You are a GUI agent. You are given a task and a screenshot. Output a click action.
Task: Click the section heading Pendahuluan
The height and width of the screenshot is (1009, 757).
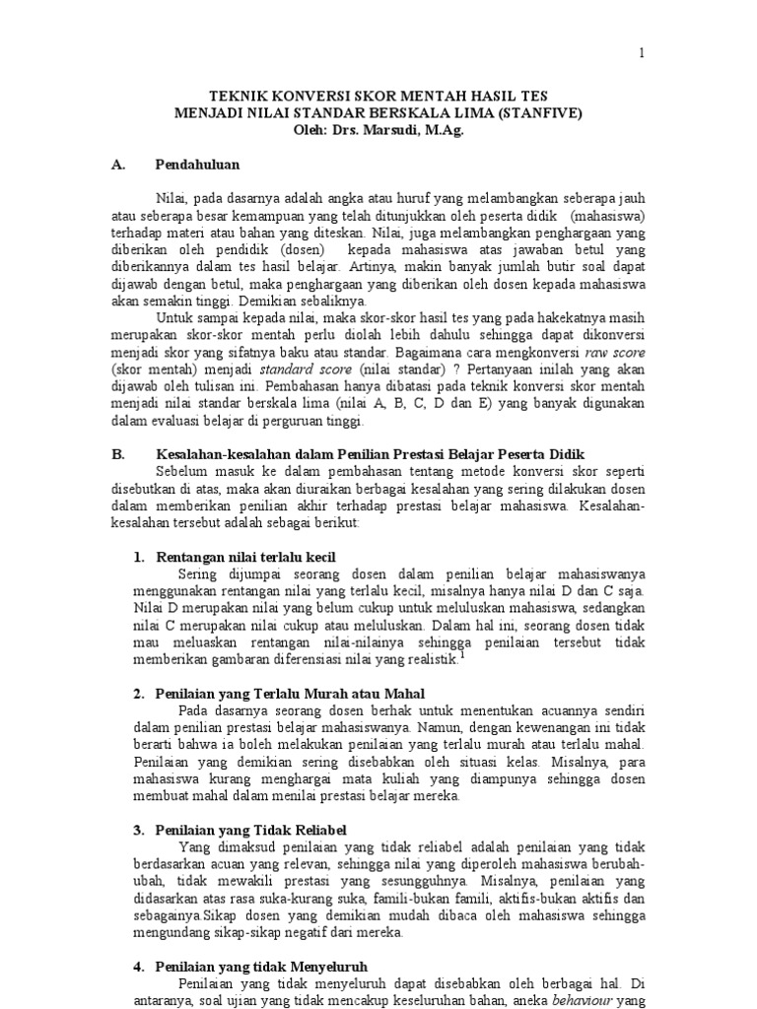tap(198, 164)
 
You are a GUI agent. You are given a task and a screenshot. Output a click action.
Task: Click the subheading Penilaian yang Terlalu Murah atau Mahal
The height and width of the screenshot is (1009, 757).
tap(283, 694)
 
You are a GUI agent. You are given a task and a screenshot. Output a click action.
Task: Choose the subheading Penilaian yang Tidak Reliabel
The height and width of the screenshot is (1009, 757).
tap(251, 831)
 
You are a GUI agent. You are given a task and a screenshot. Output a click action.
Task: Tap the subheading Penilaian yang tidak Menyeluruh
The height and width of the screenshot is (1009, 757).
tap(261, 967)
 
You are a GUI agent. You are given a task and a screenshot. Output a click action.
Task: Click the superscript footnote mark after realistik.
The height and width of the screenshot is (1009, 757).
tap(460, 654)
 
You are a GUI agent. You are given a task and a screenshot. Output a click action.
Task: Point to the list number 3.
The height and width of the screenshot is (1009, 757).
tap(138, 831)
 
